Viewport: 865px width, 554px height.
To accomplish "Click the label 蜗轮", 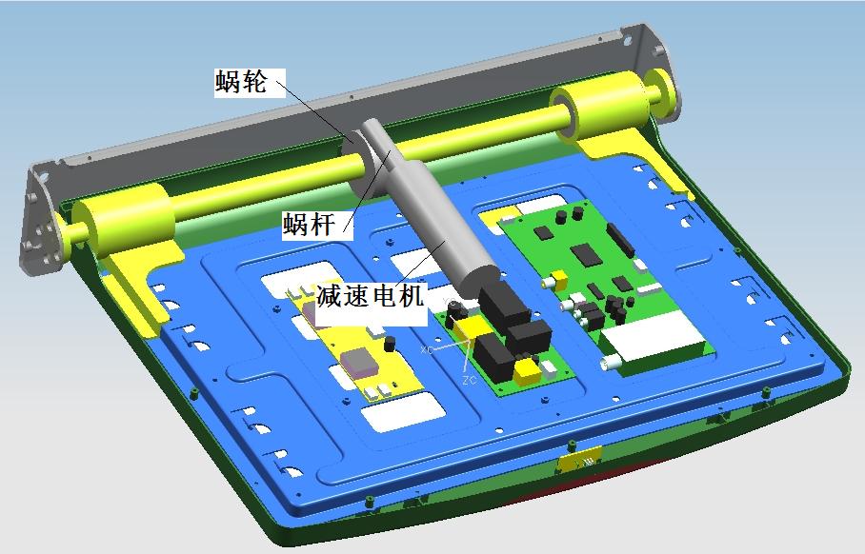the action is (x=241, y=82).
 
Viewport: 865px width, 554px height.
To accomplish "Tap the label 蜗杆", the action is (x=309, y=225).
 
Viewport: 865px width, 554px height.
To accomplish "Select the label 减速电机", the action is (x=371, y=296).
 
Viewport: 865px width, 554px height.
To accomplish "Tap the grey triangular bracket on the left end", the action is (x=40, y=221).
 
